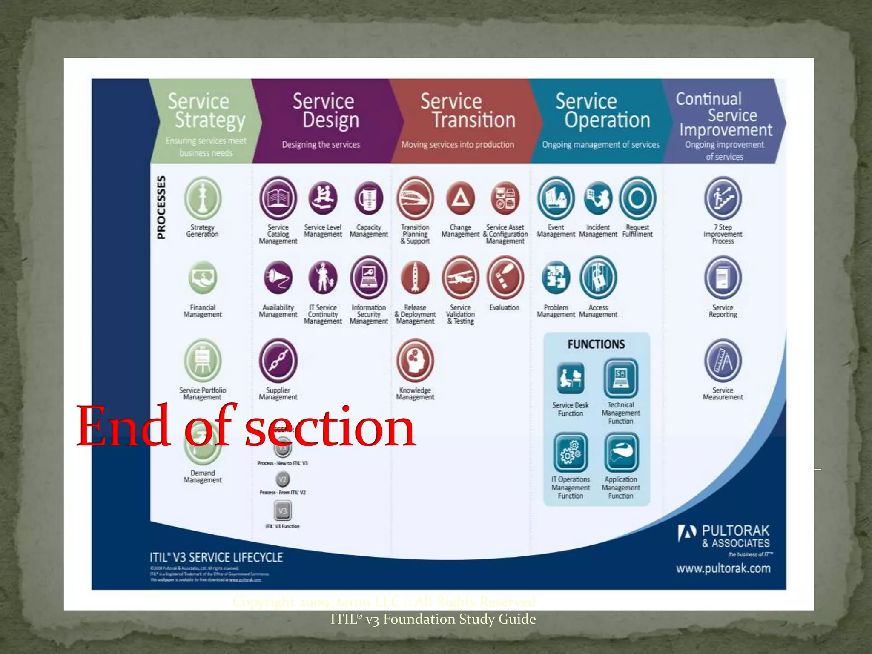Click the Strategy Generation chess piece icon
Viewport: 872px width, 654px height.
pyautogui.click(x=203, y=198)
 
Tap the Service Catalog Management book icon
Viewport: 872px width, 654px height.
pyautogui.click(x=278, y=198)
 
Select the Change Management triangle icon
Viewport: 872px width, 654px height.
pyautogui.click(x=460, y=198)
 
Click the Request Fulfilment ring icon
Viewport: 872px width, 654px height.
pyautogui.click(x=637, y=198)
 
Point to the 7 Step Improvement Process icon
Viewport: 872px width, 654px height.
pyautogui.click(x=723, y=198)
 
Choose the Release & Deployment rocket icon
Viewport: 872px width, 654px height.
pyautogui.click(x=415, y=278)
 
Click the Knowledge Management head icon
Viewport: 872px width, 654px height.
pyautogui.click(x=415, y=361)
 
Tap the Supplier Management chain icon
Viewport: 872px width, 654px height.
pyautogui.click(x=278, y=361)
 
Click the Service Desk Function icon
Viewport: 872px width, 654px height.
pyautogui.click(x=571, y=378)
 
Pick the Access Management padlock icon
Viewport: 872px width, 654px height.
pyautogui.click(x=598, y=278)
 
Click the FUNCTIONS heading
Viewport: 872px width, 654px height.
pyautogui.click(x=596, y=344)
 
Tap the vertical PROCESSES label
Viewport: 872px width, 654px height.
pyautogui.click(x=161, y=207)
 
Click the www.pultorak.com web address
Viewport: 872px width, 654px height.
pyautogui.click(x=723, y=568)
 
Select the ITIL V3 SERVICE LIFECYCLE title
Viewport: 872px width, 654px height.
pyautogui.click(x=216, y=557)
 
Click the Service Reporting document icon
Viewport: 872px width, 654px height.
pyautogui.click(x=723, y=278)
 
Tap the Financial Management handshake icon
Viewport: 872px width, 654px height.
pyautogui.click(x=203, y=278)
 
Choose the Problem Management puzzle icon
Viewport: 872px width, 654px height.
pyautogui.click(x=556, y=278)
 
